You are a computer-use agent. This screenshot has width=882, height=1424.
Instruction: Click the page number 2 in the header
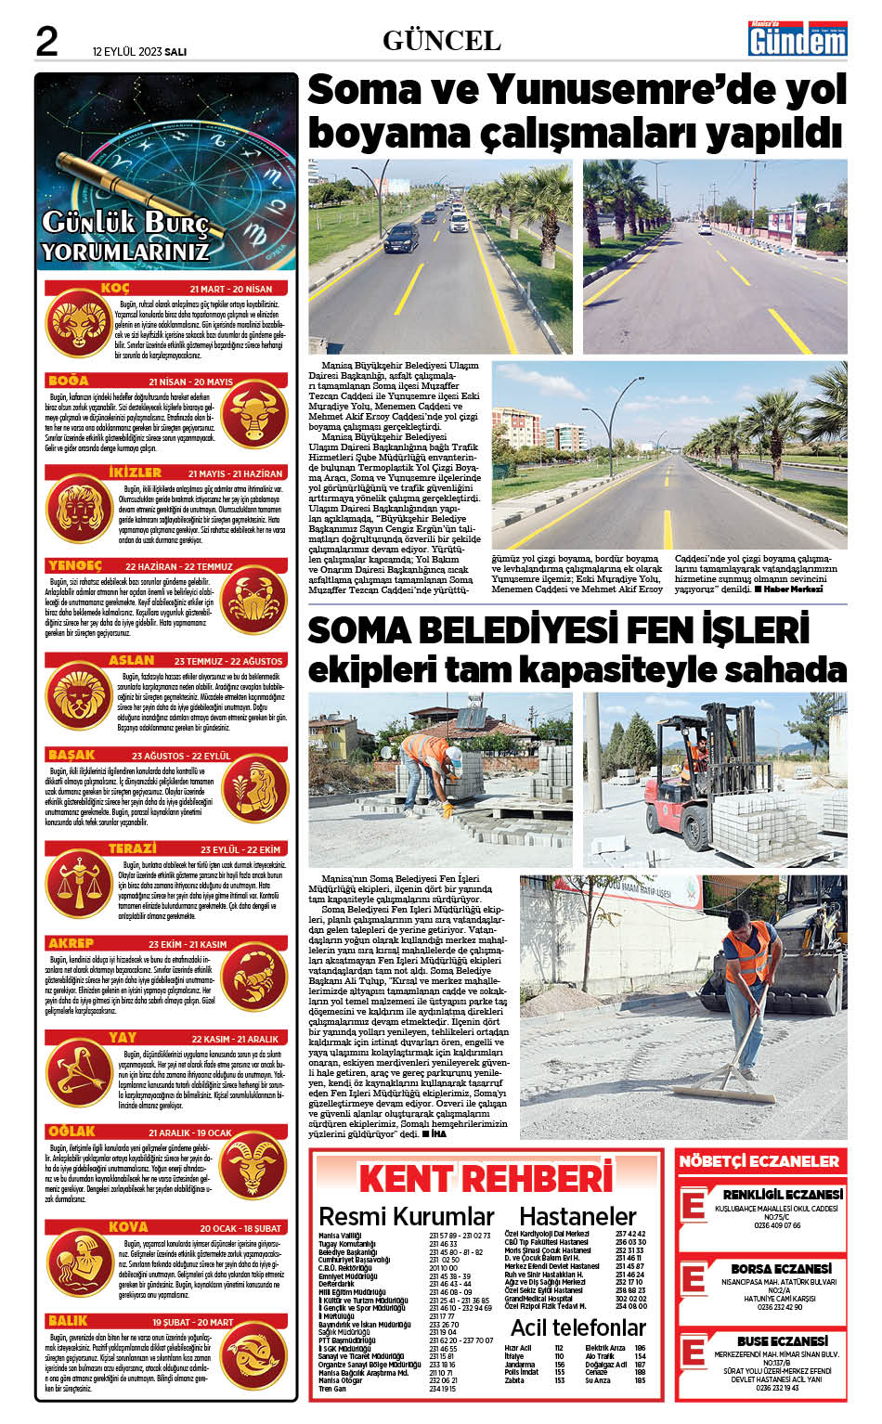[47, 42]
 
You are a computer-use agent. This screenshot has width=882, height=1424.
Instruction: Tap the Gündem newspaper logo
[798, 38]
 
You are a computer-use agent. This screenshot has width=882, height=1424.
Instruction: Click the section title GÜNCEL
[442, 41]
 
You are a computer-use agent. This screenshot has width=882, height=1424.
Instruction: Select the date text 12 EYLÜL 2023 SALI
[139, 52]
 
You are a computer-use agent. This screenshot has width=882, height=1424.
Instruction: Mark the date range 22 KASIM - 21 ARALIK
[235, 1039]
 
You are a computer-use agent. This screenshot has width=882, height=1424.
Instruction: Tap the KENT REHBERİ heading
[486, 1178]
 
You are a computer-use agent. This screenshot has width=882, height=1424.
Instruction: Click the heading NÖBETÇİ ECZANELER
[759, 1161]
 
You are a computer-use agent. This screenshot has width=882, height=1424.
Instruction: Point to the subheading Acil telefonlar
[577, 1327]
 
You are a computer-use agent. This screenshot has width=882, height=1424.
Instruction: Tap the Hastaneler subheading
[577, 1216]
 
